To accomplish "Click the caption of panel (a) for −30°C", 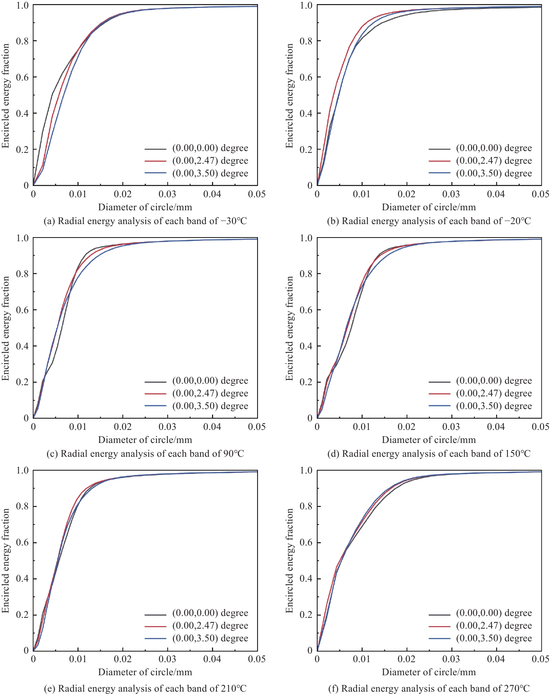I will click(145, 221).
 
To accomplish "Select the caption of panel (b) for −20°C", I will click(429, 221).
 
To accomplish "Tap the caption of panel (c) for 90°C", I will click(145, 454).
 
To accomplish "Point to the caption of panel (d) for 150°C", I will click(429, 454).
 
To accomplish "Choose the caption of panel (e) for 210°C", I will click(145, 688).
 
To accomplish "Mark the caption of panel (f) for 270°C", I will click(429, 688).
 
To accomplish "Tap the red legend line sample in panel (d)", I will click(440, 393).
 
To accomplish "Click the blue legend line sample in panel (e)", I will click(156, 638).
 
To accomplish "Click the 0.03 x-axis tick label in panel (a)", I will click(167, 194).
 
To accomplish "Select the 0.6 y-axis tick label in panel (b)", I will click(306, 77).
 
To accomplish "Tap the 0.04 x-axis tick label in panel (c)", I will click(212, 427).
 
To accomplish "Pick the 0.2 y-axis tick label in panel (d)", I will click(306, 382).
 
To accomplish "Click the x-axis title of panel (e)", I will click(145, 672).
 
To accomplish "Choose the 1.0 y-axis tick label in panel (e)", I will click(22, 471).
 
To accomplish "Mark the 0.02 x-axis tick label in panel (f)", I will click(407, 659).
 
